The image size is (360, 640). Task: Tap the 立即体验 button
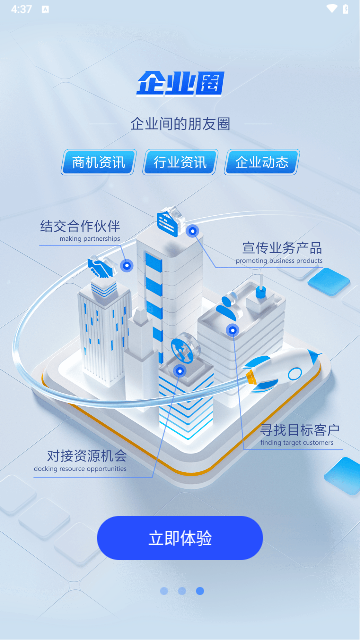coord(180,538)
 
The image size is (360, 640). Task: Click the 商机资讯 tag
coord(99,162)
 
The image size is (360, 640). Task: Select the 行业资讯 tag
coord(180,162)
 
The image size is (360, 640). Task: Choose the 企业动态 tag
coord(262,162)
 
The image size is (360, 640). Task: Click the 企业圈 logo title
coord(180,83)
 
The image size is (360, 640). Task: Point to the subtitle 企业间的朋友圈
coord(180,124)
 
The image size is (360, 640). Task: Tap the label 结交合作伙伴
coord(80,226)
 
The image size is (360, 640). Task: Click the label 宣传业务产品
coord(282,247)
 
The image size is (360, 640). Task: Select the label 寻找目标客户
coord(299,430)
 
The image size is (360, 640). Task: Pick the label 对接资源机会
coord(87,455)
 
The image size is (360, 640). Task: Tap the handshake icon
coord(100,268)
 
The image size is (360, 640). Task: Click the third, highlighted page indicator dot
coord(200,591)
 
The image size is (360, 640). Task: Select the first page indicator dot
coord(164,591)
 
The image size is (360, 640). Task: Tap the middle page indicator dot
coord(182,591)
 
